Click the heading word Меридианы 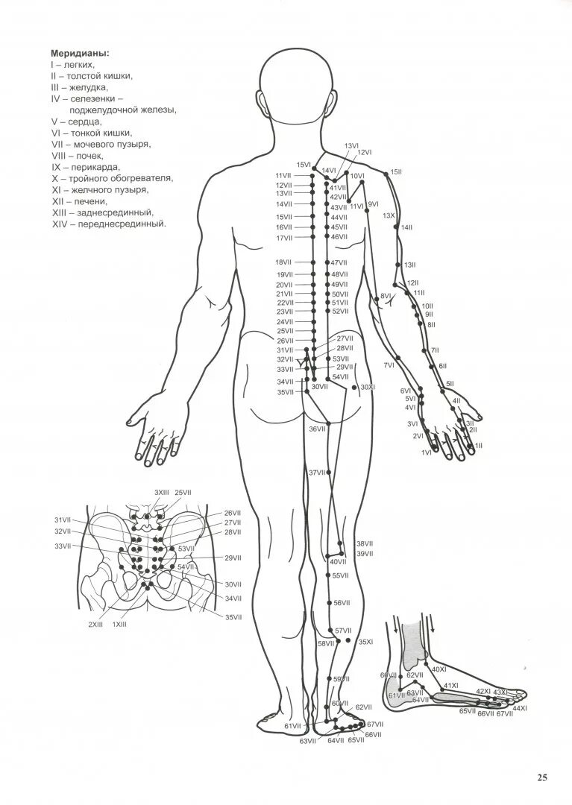(x=79, y=54)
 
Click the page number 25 (x=542, y=777)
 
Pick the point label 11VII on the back (x=284, y=175)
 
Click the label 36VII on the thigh (x=317, y=429)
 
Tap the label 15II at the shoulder (x=396, y=171)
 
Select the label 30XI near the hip (x=368, y=388)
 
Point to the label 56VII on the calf (x=341, y=603)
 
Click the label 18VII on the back (x=283, y=262)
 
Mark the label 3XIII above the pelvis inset (x=161, y=493)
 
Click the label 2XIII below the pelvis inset (x=95, y=625)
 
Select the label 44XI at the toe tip (x=519, y=707)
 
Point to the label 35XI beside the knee (x=365, y=642)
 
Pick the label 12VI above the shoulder (x=364, y=152)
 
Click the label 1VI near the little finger (x=427, y=452)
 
